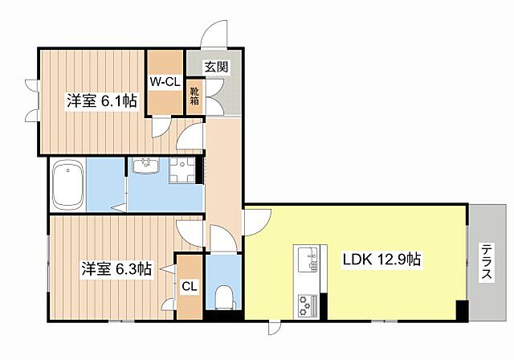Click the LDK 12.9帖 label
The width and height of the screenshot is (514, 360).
382,260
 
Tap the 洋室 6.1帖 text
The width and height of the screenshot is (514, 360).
100,101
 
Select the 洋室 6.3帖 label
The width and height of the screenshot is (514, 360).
115,270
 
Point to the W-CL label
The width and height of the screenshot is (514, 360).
165,80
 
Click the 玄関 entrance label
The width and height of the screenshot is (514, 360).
215,67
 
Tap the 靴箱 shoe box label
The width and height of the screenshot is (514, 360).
194,96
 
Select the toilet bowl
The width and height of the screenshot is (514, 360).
224,296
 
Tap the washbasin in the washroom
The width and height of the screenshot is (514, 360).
147,166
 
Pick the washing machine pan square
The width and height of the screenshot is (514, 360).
183,170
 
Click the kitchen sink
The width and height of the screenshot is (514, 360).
308,259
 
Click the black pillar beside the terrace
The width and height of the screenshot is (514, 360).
462,310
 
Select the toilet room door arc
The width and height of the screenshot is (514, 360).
221,239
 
